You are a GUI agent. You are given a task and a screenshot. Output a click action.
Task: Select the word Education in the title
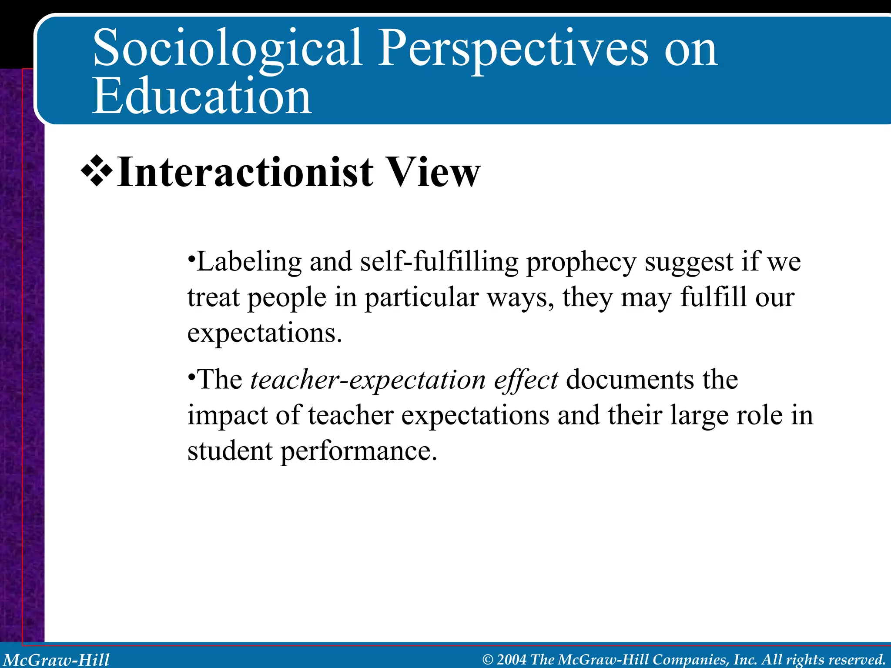point(202,97)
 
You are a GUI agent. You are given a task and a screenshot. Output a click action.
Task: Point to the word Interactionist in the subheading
point(245,172)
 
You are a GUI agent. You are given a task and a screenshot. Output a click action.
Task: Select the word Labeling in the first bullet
point(249,263)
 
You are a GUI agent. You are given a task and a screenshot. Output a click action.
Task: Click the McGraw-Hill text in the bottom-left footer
point(56,660)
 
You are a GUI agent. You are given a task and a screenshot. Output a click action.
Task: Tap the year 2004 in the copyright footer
point(512,660)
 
